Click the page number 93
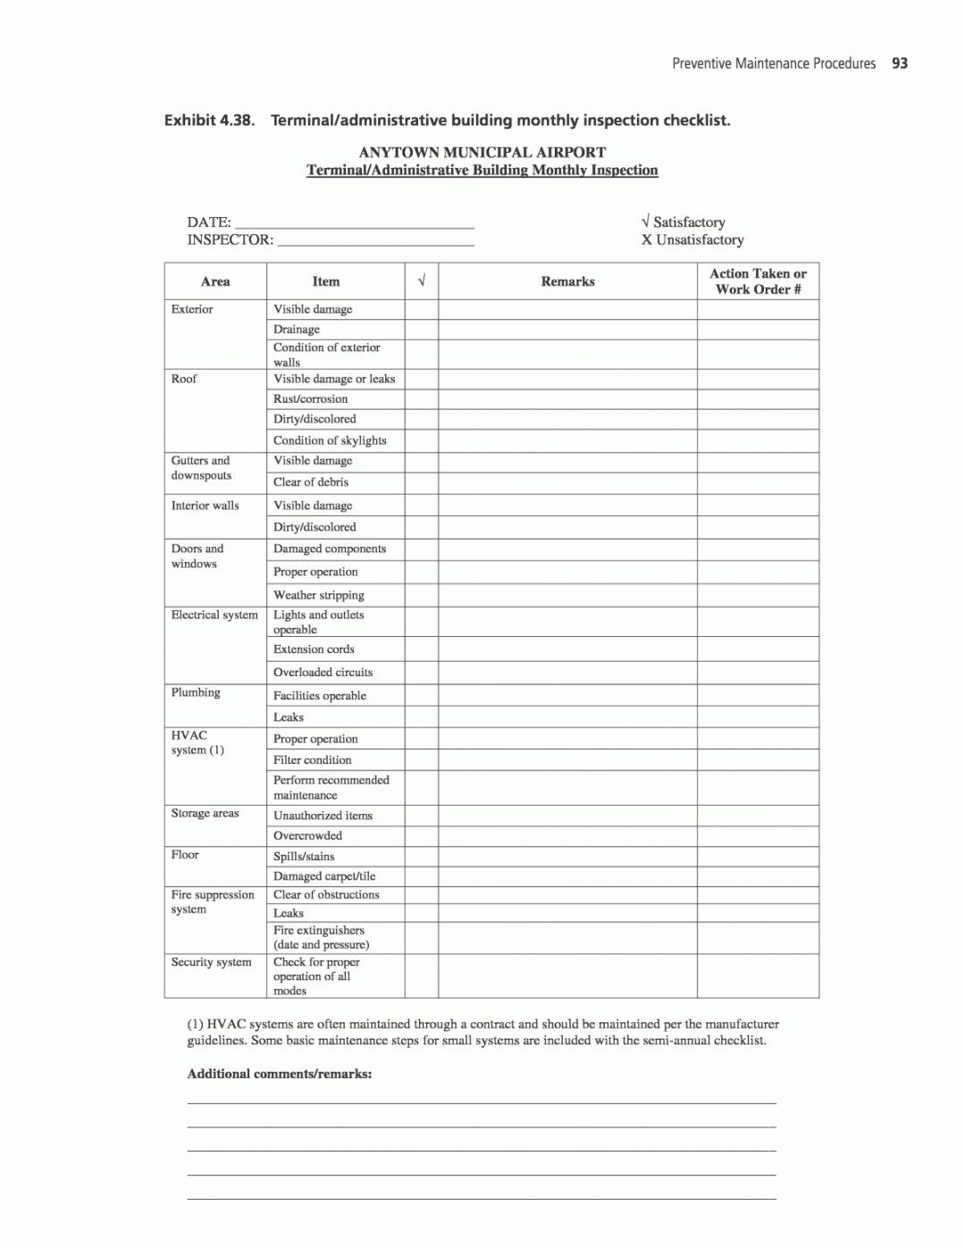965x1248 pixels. [x=900, y=63]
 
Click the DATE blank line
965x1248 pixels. [x=353, y=223]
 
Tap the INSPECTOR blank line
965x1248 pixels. [x=375, y=240]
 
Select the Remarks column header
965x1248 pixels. [x=567, y=281]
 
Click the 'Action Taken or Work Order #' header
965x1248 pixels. [x=758, y=281]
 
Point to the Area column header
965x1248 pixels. [x=215, y=281]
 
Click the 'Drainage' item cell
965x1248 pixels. [x=297, y=330]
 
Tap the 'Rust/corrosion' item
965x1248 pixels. [x=311, y=399]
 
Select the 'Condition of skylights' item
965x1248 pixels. [x=330, y=440]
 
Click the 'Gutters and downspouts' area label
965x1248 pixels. [x=201, y=468]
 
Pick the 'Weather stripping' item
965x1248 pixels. [x=319, y=595]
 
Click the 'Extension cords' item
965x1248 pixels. [x=314, y=649]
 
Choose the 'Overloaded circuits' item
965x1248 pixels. [x=323, y=673]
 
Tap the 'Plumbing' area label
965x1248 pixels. [x=196, y=692]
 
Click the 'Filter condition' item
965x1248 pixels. [x=313, y=760]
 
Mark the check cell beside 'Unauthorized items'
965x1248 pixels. [x=421, y=816]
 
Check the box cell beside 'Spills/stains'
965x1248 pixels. [x=421, y=857]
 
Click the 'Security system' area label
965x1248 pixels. [x=212, y=962]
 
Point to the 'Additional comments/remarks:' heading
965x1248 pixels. [x=280, y=1074]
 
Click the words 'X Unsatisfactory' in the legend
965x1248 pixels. [x=692, y=240]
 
